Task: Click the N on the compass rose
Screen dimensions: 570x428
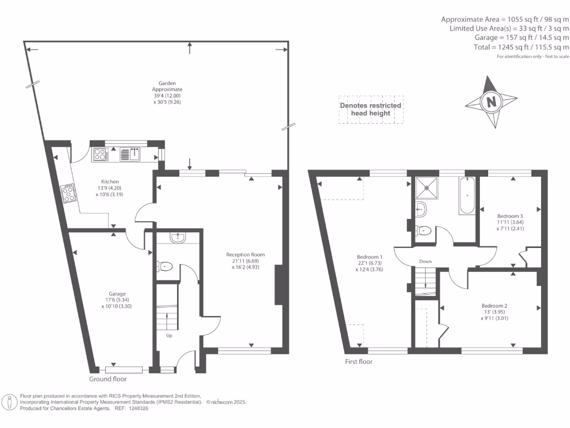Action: point(491,102)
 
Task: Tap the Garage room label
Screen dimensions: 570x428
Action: point(117,294)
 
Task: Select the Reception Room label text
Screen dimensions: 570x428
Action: point(245,255)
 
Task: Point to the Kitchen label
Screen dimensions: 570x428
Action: point(110,182)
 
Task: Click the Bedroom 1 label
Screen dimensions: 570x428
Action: point(370,257)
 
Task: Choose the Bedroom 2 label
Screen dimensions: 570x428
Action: point(494,306)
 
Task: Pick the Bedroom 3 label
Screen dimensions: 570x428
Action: point(510,216)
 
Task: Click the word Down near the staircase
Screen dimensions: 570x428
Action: point(425,261)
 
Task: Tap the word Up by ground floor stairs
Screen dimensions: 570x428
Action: point(169,335)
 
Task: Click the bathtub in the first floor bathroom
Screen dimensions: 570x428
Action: point(467,196)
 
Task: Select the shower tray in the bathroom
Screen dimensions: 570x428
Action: point(427,188)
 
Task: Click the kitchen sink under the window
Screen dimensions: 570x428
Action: point(130,154)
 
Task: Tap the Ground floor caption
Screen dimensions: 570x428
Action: point(108,379)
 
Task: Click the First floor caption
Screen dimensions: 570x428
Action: point(358,361)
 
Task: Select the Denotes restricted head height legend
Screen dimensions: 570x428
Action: point(371,109)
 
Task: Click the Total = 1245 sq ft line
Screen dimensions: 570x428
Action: point(521,47)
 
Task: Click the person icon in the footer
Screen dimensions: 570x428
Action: point(9,402)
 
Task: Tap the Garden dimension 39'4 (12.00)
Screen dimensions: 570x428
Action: point(167,96)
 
